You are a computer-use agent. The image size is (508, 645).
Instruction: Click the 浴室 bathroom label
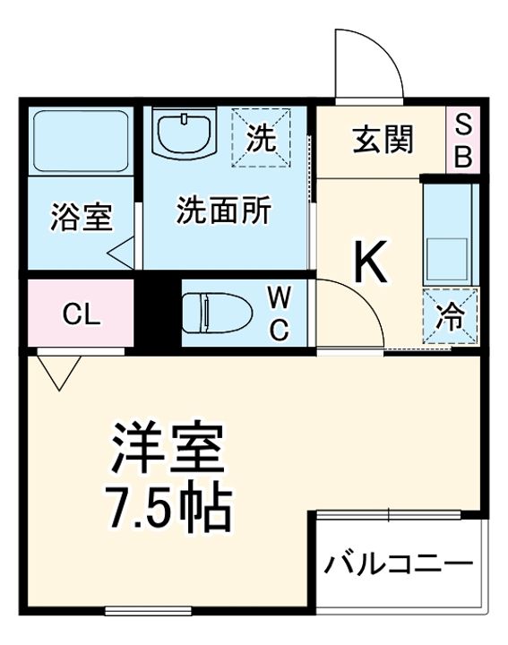coord(81,218)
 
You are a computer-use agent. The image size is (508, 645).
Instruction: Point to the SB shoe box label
coord(462,141)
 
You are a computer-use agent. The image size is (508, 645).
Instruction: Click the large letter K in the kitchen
coord(370,261)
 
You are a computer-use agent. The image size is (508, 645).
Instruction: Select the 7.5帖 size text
coord(171,506)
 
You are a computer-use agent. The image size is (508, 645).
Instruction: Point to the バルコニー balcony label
coord(399,565)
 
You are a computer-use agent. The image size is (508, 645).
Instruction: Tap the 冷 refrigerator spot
coord(451,316)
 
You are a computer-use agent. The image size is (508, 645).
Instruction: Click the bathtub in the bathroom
coord(80,142)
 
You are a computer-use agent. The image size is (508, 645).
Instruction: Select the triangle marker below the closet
coord(59,370)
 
